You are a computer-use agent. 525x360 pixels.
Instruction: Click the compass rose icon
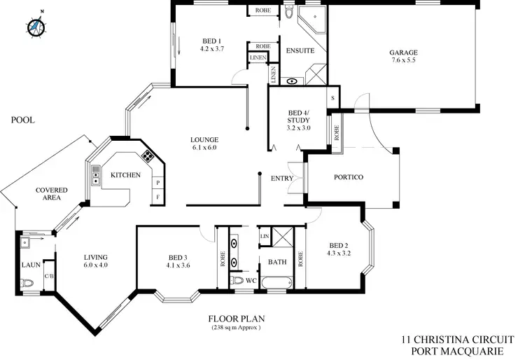click(x=36, y=26)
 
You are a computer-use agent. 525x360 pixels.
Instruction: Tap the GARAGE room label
click(x=404, y=52)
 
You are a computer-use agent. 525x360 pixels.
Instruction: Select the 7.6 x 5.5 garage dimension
click(x=404, y=60)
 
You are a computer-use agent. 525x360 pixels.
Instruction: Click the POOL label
click(x=22, y=120)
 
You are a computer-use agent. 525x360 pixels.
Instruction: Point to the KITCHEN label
click(x=126, y=175)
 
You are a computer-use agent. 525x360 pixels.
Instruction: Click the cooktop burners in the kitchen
click(x=148, y=155)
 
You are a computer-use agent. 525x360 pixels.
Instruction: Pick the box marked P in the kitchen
click(x=158, y=182)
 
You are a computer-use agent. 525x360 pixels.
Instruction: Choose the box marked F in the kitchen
click(x=158, y=198)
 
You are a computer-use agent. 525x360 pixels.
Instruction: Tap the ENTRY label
click(x=282, y=179)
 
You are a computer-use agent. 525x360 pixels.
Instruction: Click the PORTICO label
click(x=347, y=177)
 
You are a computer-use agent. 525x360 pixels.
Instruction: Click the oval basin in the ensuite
click(x=292, y=81)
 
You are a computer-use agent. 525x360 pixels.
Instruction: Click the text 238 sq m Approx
click(x=235, y=328)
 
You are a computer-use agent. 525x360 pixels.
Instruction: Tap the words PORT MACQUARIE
click(x=459, y=350)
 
